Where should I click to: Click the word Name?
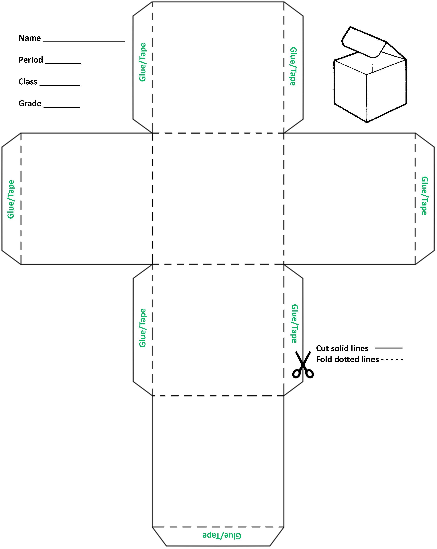pyautogui.click(x=29, y=38)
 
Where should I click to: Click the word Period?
pyautogui.click(x=31, y=60)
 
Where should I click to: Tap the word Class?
pyautogui.click(x=28, y=82)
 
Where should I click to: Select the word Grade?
pyautogui.click(x=30, y=103)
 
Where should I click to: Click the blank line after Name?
pyautogui.click(x=84, y=41)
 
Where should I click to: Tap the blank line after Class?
pyautogui.click(x=60, y=85)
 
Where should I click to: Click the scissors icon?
pyautogui.click(x=303, y=364)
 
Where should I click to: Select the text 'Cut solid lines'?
pyautogui.click(x=342, y=348)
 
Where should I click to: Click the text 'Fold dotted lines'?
pyautogui.click(x=347, y=359)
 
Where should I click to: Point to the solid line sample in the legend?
pyautogui.click(x=388, y=348)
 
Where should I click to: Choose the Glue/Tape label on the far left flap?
pyautogui.click(x=11, y=199)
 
